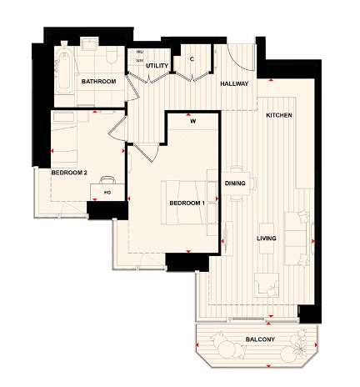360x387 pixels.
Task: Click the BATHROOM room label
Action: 98,82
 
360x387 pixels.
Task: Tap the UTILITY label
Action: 157,65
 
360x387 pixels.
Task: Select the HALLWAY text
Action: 236,85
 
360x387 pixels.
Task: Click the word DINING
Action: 234,184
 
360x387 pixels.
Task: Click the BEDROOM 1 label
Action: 187,204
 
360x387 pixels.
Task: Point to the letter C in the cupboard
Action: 192,58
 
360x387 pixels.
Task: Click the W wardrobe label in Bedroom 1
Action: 192,121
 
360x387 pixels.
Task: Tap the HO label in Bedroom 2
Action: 107,193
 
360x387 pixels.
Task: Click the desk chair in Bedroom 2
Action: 107,178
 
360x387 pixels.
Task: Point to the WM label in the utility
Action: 140,60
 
